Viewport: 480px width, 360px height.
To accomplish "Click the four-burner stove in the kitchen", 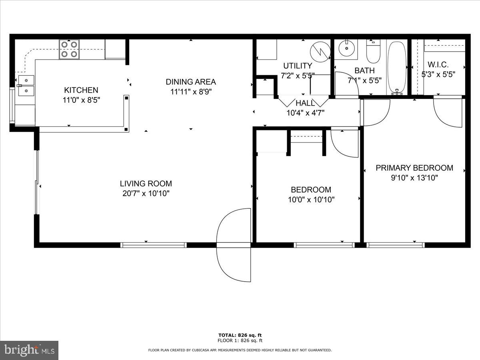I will click(69, 49).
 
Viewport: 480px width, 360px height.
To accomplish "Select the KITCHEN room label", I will click(81, 90).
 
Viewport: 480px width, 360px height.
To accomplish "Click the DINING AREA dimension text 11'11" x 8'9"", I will click(191, 92).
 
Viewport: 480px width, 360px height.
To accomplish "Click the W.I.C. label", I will click(438, 64).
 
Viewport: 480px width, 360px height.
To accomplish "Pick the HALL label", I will click(305, 103).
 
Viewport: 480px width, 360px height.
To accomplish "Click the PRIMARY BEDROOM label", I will click(414, 168).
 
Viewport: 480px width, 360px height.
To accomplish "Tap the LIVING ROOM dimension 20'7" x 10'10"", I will click(146, 194).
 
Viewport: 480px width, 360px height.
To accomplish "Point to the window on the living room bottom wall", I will click(153, 245).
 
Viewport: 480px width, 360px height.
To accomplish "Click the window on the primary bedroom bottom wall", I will click(395, 245).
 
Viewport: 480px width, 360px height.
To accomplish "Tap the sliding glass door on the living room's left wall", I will click(37, 182).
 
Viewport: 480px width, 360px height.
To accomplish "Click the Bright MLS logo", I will click(29, 350).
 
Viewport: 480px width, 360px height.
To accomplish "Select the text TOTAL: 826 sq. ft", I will click(240, 335).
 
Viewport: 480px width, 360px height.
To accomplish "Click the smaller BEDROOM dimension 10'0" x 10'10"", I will click(311, 199).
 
